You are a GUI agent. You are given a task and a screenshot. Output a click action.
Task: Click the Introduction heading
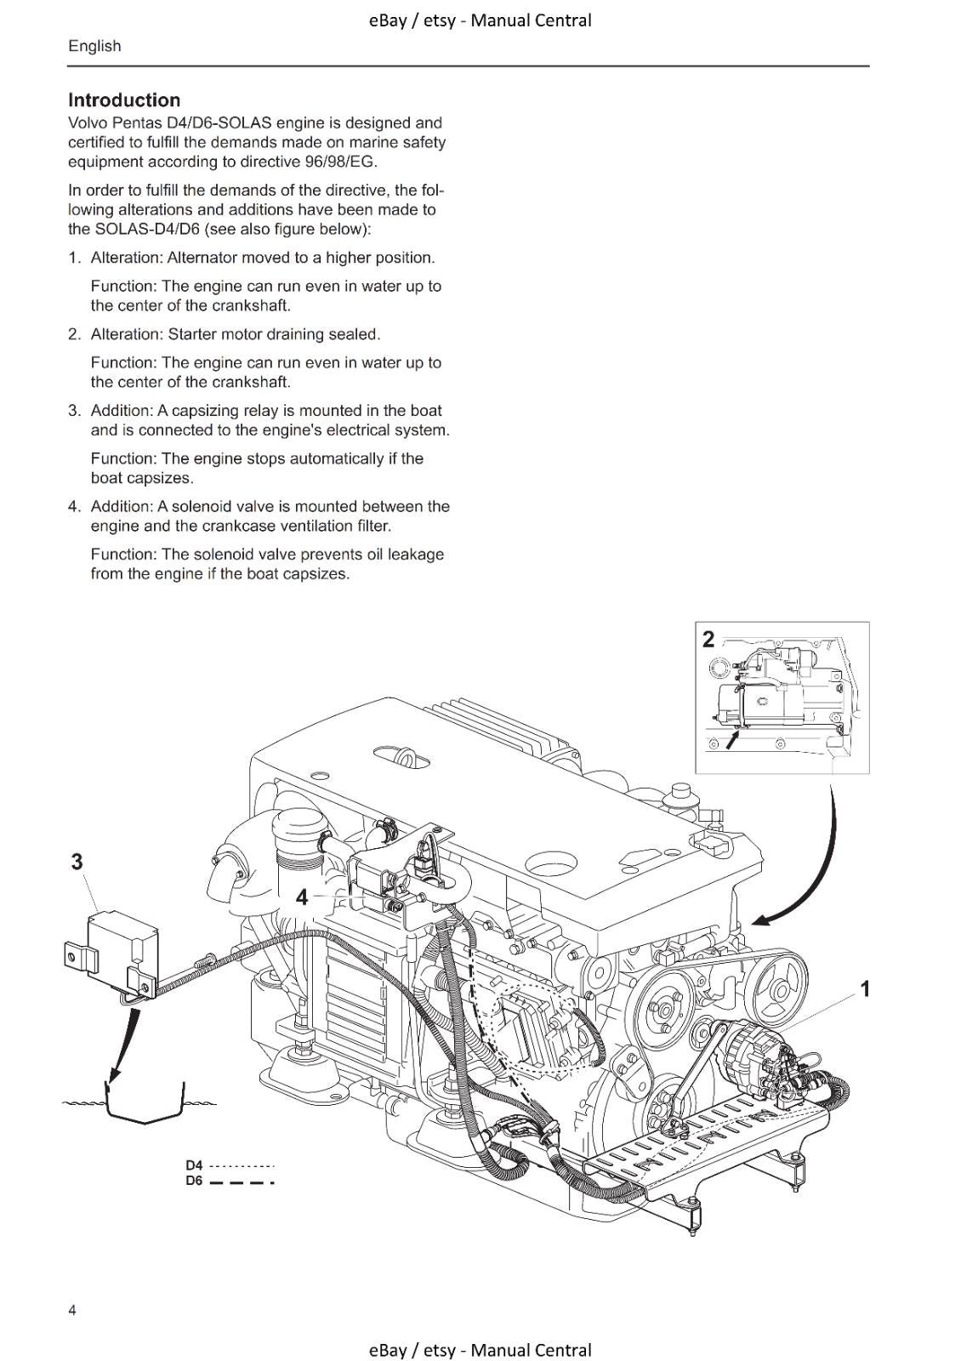(x=124, y=100)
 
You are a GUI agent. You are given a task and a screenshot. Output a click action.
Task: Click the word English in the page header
(x=94, y=47)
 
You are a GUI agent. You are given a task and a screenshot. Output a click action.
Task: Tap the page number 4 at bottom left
(x=72, y=1310)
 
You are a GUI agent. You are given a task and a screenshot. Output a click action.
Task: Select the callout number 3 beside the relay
(x=77, y=862)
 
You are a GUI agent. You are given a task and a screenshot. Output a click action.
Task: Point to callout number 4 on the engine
(x=302, y=897)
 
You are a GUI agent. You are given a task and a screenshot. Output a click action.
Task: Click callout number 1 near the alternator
(x=864, y=988)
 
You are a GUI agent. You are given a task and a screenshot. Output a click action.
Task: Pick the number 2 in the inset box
(x=708, y=640)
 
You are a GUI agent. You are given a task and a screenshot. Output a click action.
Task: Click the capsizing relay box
(x=123, y=944)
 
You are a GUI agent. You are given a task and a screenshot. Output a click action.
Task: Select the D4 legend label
(x=195, y=1165)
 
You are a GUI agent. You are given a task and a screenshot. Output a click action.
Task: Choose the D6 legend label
(x=195, y=1182)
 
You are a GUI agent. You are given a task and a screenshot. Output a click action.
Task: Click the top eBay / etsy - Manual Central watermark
(x=480, y=20)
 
